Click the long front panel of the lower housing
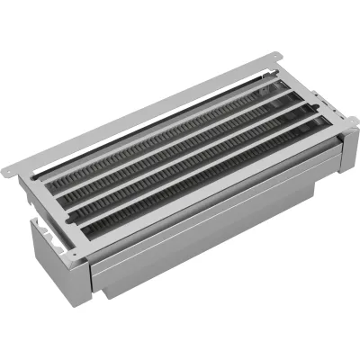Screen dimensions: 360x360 (207, 243)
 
